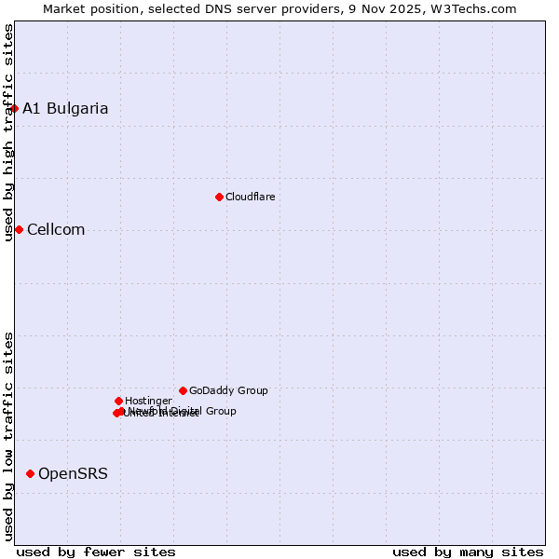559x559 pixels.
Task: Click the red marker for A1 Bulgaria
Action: [x=14, y=108]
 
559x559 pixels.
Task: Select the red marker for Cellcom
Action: [x=19, y=229]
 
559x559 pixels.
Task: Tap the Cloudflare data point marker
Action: [x=219, y=197]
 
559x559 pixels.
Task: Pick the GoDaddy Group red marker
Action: [x=183, y=390]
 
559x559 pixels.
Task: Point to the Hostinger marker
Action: [x=118, y=401]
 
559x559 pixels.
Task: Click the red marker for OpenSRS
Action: [x=30, y=473]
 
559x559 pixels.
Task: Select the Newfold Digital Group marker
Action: [x=122, y=411]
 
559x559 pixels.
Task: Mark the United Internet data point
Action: [x=116, y=413]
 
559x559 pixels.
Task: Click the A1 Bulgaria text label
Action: [x=65, y=108]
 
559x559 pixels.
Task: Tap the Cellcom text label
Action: [x=56, y=229]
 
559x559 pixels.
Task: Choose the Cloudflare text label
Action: [x=250, y=197]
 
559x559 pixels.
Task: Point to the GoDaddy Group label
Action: [x=228, y=390]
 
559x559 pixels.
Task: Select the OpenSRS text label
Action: [x=73, y=473]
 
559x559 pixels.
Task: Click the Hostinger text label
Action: [x=148, y=401]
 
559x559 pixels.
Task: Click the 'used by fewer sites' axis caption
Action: [x=96, y=552]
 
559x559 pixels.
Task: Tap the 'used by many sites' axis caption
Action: [x=468, y=552]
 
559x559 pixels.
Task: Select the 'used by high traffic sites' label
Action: [x=8, y=132]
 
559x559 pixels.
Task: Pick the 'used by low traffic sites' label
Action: [x=8, y=436]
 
